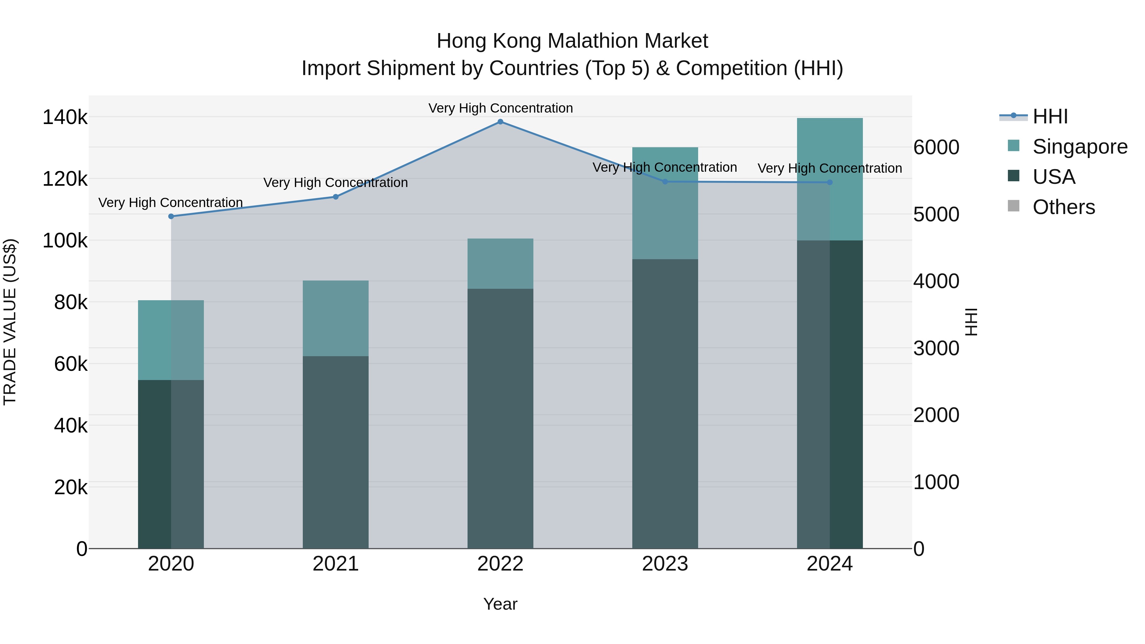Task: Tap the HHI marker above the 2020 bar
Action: pos(171,217)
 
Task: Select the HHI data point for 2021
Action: pos(336,197)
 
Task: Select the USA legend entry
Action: pos(1053,177)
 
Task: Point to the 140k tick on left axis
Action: pos(65,118)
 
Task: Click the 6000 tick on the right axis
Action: pos(936,148)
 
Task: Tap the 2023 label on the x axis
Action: pos(665,564)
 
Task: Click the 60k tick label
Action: pos(71,364)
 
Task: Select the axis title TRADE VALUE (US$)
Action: pos(10,322)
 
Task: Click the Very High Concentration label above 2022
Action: pos(501,108)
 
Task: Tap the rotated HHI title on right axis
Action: pos(972,322)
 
